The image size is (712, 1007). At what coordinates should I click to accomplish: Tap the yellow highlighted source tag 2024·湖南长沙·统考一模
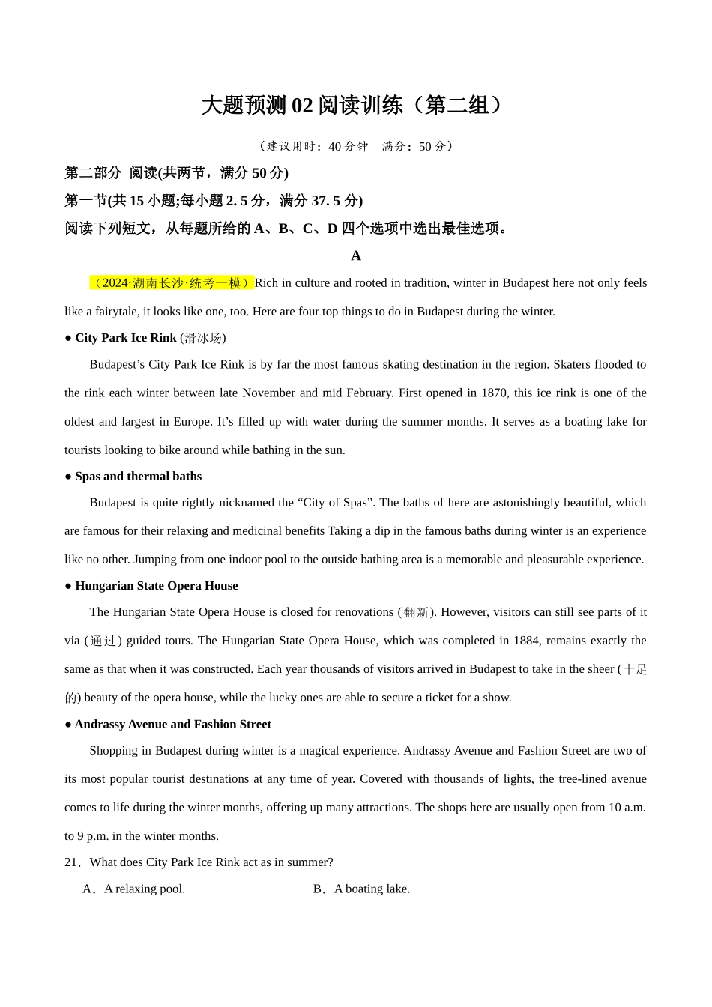tap(172, 283)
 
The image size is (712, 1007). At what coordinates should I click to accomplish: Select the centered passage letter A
tap(356, 256)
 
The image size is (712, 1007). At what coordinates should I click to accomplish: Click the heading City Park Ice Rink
tap(126, 338)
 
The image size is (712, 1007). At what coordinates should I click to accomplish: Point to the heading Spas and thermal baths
tap(138, 477)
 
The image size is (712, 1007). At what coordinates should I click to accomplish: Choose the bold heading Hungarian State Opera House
tap(156, 586)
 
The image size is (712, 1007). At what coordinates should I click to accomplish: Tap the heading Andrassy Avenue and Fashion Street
tap(172, 725)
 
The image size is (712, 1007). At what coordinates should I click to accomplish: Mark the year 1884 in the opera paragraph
tap(526, 641)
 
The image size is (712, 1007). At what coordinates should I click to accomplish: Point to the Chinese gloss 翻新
tap(416, 613)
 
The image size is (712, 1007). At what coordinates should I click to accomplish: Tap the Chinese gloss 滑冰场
tap(203, 339)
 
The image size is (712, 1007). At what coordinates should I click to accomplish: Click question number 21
tap(72, 862)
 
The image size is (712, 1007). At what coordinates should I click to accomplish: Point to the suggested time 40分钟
tap(348, 147)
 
